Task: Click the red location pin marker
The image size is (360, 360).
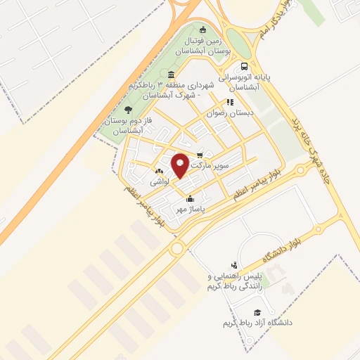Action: tap(181, 166)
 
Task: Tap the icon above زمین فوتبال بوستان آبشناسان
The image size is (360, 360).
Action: tap(203, 30)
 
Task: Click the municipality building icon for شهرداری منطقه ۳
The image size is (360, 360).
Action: tap(172, 75)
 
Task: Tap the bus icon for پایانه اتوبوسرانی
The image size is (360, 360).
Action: tap(244, 67)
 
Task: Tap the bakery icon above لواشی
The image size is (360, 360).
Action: tap(158, 171)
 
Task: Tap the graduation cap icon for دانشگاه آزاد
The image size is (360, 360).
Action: tap(257, 311)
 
